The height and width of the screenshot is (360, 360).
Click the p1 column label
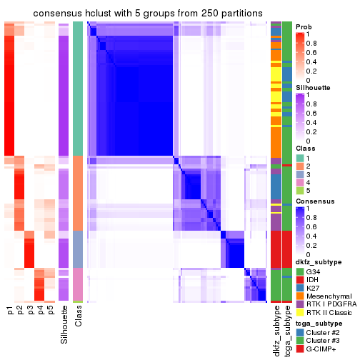point(9,311)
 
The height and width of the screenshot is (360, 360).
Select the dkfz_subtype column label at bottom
point(276,329)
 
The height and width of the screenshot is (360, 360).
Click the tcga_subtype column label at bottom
point(286,329)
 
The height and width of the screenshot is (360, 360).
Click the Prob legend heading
point(303,26)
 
